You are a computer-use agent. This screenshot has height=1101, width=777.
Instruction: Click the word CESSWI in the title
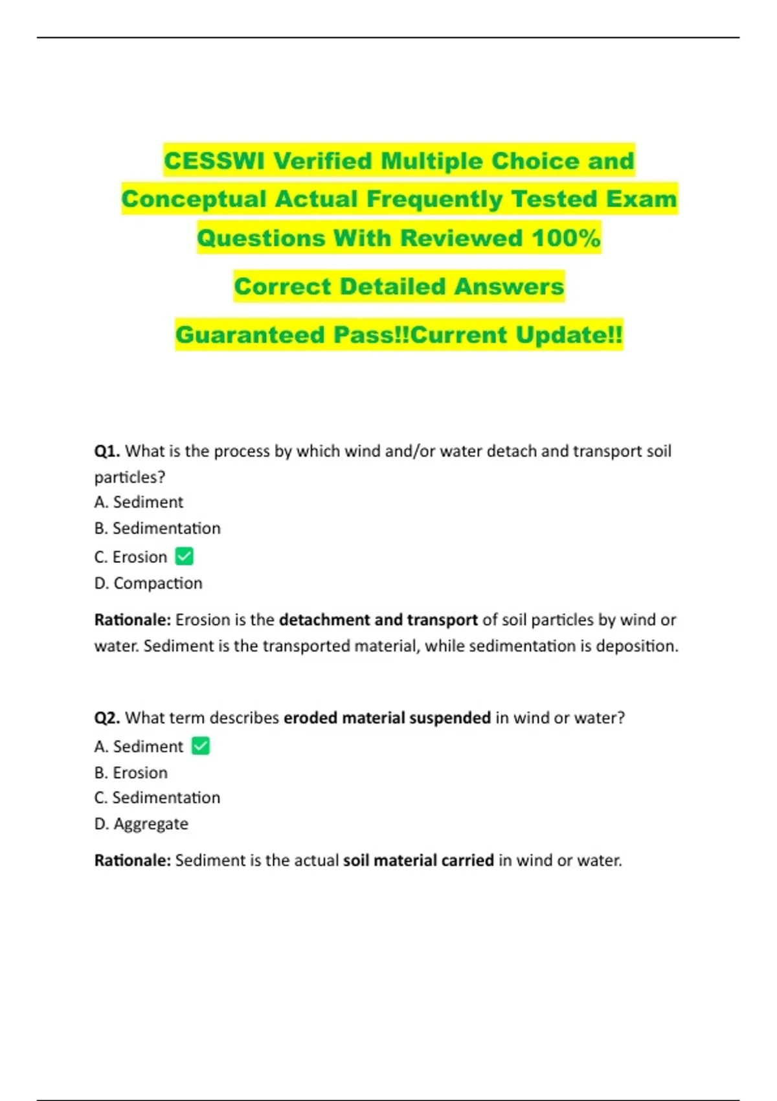click(214, 161)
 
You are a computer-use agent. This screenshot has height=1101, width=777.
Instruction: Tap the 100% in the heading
click(566, 238)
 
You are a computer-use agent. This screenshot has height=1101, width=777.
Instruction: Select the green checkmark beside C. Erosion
click(185, 556)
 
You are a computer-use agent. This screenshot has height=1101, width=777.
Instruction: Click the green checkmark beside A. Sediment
click(201, 746)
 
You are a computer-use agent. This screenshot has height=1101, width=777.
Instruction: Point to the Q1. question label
click(107, 451)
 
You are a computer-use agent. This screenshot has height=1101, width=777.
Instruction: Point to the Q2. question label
click(107, 718)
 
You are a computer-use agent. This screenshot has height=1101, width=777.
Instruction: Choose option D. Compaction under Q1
click(148, 583)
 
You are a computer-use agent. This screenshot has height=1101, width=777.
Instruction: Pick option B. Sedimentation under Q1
click(157, 528)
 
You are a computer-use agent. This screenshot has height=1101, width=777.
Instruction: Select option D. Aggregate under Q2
click(141, 823)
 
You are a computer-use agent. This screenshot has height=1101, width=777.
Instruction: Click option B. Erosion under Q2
click(131, 772)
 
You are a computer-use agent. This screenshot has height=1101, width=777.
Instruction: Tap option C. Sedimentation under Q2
click(157, 797)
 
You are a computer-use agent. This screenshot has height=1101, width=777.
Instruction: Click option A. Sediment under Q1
click(139, 502)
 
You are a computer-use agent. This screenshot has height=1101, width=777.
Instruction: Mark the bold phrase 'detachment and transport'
click(378, 620)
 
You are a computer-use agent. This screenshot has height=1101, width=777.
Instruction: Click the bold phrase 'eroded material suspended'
click(387, 718)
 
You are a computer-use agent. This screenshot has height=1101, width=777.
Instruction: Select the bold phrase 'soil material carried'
click(418, 860)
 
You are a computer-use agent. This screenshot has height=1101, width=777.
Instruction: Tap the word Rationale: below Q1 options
click(133, 620)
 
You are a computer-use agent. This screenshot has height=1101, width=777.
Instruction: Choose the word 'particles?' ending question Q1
click(129, 477)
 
